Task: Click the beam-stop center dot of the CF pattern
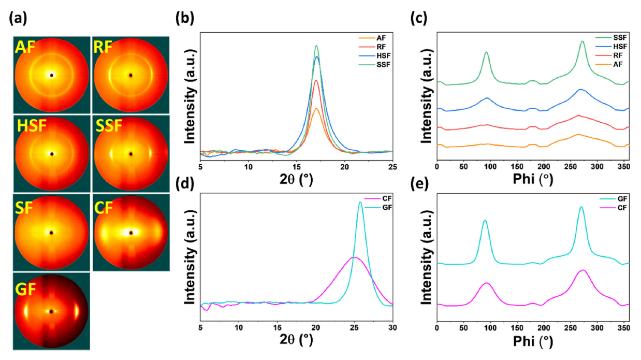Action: [131, 233]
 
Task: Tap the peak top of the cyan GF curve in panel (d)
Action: [360, 203]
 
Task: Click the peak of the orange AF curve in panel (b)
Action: [316, 108]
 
